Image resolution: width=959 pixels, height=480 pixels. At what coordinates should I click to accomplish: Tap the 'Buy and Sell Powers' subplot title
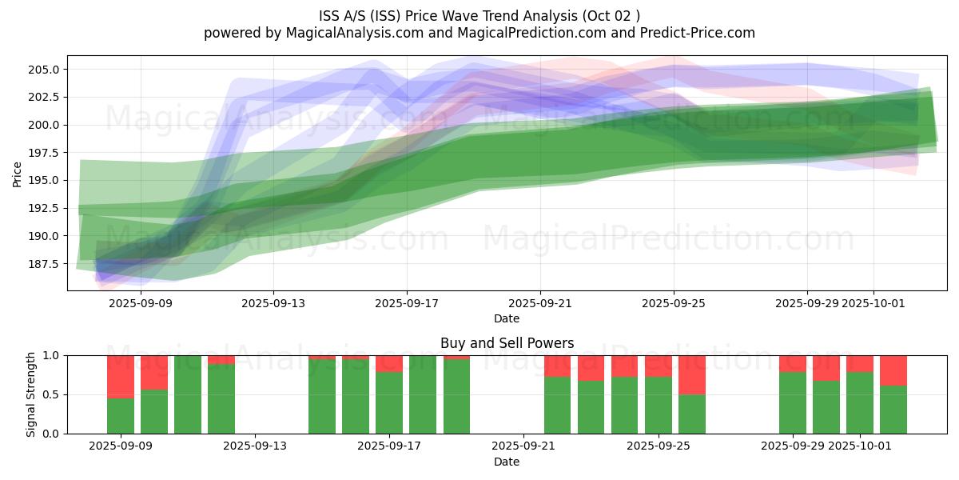pyautogui.click(x=507, y=343)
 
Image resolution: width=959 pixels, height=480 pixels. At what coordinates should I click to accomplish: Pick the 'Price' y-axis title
pyautogui.click(x=17, y=174)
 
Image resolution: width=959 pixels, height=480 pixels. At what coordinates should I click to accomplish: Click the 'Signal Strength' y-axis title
pyautogui.click(x=31, y=394)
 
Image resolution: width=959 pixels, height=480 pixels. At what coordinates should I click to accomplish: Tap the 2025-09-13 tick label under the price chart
pyautogui.click(x=273, y=303)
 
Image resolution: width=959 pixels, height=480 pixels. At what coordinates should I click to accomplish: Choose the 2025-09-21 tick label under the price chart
pyautogui.click(x=540, y=303)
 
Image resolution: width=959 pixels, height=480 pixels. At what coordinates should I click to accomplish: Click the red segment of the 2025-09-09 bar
pyautogui.click(x=121, y=376)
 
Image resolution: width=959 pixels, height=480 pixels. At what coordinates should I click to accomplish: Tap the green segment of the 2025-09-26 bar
pyautogui.click(x=692, y=414)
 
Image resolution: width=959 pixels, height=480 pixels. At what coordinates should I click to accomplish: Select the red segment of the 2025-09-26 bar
pyautogui.click(x=692, y=374)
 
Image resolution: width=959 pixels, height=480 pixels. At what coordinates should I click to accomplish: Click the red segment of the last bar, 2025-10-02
pyautogui.click(x=893, y=370)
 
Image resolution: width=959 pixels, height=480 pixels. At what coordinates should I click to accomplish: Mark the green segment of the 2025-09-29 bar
pyautogui.click(x=793, y=402)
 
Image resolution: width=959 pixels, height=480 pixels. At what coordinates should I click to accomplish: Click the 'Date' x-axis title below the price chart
pyautogui.click(x=507, y=318)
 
